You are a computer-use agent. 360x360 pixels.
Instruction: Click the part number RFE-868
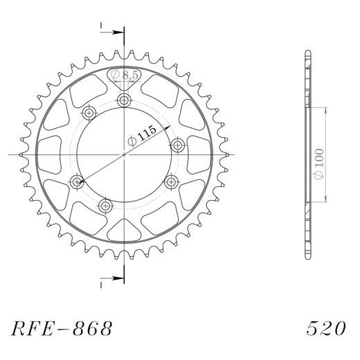tap(60, 325)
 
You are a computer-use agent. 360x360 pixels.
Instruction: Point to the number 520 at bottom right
tap(323, 325)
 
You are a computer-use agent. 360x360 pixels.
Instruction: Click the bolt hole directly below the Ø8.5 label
tap(125, 101)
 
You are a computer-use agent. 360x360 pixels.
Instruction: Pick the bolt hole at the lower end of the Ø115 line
tap(77, 182)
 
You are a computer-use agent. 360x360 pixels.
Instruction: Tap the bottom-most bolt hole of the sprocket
tap(106, 205)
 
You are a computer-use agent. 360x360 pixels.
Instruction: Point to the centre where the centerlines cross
tap(125, 155)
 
